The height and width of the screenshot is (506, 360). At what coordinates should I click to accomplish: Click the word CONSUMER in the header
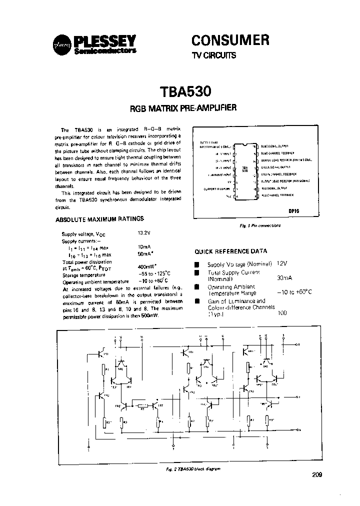(x=231, y=39)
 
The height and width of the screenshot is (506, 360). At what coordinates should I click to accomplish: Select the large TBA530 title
(x=186, y=92)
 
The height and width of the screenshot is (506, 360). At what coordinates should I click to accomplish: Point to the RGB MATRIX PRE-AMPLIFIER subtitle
(x=183, y=108)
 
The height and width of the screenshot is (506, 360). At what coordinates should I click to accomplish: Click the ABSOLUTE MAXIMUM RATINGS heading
(x=99, y=219)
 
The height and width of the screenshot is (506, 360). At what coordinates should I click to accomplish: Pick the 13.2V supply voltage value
(x=144, y=233)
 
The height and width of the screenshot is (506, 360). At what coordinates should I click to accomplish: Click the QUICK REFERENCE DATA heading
(x=230, y=251)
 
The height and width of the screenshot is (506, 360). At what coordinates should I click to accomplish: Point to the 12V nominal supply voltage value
(x=282, y=263)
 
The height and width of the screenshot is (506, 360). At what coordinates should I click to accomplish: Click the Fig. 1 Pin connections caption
(x=260, y=225)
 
